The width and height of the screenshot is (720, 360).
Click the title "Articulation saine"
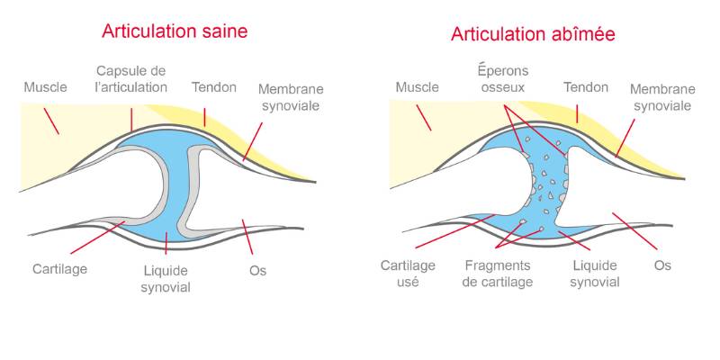[175, 31]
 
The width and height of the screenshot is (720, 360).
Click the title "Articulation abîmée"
[533, 34]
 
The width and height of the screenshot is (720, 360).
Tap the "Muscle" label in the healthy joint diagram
[46, 86]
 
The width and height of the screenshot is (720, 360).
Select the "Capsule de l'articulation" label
[130, 79]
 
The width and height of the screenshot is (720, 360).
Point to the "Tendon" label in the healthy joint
[214, 87]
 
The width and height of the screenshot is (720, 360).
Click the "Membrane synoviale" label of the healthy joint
[291, 97]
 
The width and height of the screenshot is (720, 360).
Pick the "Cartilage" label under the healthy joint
[59, 268]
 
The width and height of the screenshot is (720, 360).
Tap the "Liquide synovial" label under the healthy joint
[166, 279]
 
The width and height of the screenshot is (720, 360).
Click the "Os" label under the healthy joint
[257, 271]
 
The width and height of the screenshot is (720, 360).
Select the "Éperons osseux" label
[504, 79]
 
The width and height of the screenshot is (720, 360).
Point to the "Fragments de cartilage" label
[498, 274]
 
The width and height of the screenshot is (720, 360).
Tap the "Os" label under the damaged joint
[662, 265]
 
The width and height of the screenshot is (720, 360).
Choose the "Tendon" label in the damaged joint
[586, 86]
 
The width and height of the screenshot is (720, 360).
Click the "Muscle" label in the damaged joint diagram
[418, 86]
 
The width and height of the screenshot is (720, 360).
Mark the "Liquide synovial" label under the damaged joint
[595, 274]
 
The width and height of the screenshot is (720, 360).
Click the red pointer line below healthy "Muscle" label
[51, 121]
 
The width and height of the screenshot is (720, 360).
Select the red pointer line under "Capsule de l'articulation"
[131, 120]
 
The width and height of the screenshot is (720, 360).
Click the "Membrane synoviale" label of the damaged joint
[662, 97]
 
